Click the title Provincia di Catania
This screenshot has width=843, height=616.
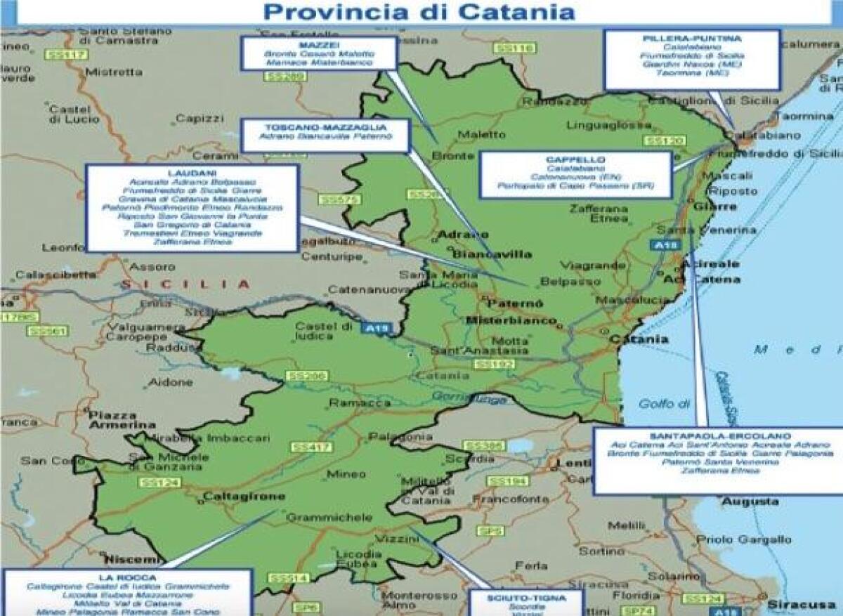point(419,12)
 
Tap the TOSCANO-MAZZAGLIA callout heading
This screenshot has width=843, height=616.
point(325,126)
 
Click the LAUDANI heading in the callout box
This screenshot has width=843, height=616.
point(192,172)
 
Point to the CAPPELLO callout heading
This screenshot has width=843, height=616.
point(575,160)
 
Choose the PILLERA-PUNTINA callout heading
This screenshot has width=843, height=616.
point(692,37)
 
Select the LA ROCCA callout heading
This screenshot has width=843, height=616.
point(127,577)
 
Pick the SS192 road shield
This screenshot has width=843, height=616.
point(490,364)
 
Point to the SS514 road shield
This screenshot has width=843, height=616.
point(288,577)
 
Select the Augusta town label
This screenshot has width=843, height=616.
point(740,502)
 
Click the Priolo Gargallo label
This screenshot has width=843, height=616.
point(747,539)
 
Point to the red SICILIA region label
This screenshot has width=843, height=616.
point(185,284)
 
